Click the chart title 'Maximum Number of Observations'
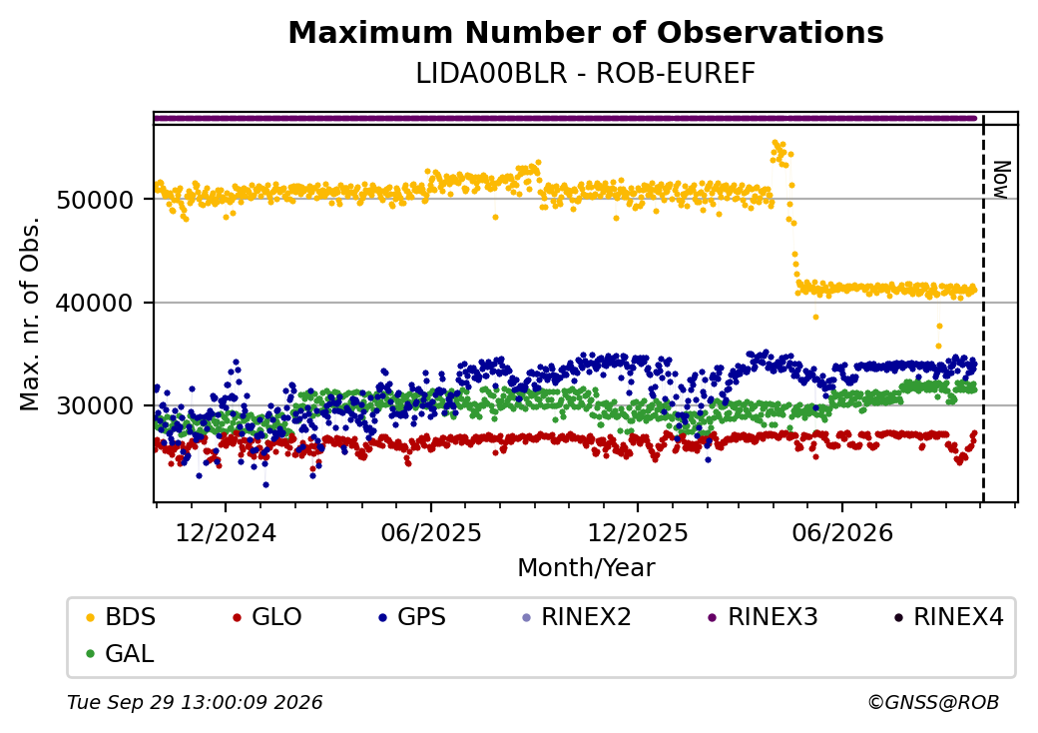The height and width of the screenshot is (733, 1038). pyautogui.click(x=586, y=32)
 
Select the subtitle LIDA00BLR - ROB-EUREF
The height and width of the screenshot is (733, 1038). pyautogui.click(x=585, y=74)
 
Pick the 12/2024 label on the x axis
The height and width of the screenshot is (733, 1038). pyautogui.click(x=226, y=532)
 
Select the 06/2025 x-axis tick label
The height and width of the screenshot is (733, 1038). pyautogui.click(x=431, y=532)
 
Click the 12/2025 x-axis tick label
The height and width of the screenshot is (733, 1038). pyautogui.click(x=638, y=532)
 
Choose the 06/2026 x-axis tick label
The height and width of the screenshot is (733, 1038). pyautogui.click(x=842, y=532)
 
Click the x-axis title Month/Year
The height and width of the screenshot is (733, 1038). pyautogui.click(x=586, y=567)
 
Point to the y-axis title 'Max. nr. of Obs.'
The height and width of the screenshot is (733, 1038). pyautogui.click(x=30, y=314)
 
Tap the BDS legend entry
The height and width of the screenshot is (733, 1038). pyautogui.click(x=121, y=617)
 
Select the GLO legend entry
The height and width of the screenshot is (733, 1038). pyautogui.click(x=267, y=617)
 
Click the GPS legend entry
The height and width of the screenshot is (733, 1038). pyautogui.click(x=412, y=617)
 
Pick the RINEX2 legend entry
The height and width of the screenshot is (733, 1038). pyautogui.click(x=577, y=617)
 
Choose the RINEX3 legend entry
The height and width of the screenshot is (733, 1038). pyautogui.click(x=764, y=617)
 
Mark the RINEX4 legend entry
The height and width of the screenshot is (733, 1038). pyautogui.click(x=948, y=617)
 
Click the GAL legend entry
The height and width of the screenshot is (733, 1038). pyautogui.click(x=121, y=653)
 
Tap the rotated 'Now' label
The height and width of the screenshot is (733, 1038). pyautogui.click(x=1002, y=180)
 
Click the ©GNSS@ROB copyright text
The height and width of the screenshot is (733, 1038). pyautogui.click(x=933, y=702)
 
